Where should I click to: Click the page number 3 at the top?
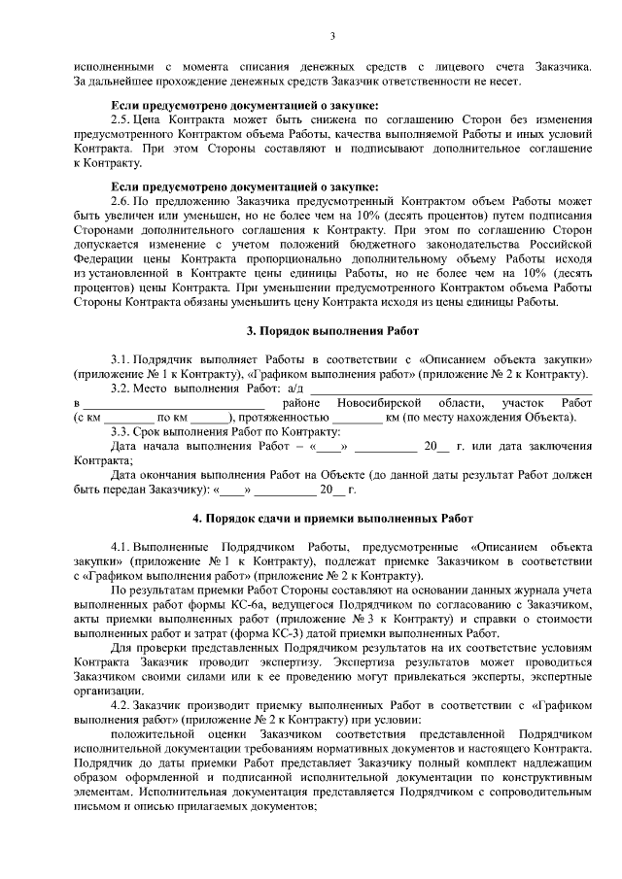coord(331,38)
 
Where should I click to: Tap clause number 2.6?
coord(121,205)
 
